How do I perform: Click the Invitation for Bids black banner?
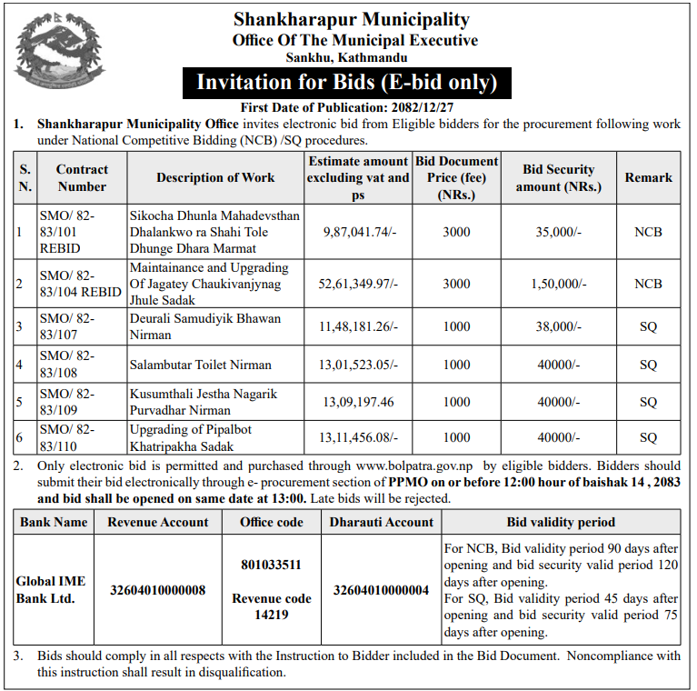point(347,83)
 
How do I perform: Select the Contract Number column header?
point(82,178)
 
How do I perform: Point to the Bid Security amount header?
point(558,178)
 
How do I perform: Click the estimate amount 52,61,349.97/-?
point(359,285)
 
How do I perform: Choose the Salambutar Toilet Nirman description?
point(200,365)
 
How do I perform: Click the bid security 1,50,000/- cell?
point(558,285)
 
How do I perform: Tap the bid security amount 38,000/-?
point(558,327)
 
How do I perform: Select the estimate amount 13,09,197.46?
point(357,402)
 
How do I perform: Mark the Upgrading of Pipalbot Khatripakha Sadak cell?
point(192,437)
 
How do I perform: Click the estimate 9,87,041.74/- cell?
point(359,233)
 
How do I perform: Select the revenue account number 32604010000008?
point(158,590)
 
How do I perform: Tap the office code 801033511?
point(271,565)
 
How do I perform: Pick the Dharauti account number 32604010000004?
point(381,590)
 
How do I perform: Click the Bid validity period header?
point(561,522)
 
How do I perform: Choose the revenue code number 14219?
point(271,615)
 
